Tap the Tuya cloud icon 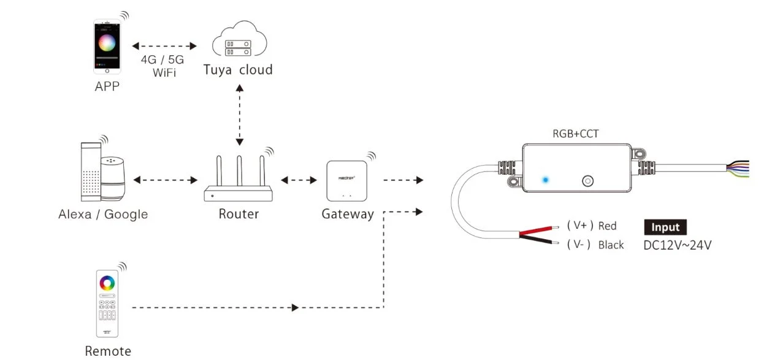pos(239,44)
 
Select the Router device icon pos(238,181)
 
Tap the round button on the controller pos(588,181)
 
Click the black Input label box pos(665,227)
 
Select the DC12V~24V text pos(678,245)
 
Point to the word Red pos(607,226)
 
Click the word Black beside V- pos(611,245)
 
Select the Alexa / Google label pos(103,214)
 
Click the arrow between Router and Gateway pos(299,180)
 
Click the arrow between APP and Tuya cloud pos(164,46)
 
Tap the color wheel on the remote pos(107,283)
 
